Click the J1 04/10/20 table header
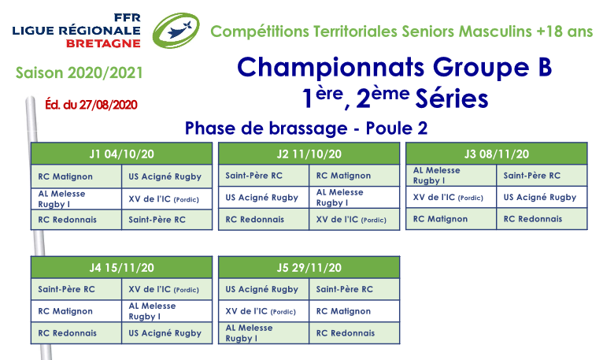coord(121,154)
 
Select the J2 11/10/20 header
coord(309,154)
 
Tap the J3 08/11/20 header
coord(497,154)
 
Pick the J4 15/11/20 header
coord(121,268)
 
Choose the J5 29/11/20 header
coord(309,268)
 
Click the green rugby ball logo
coord(176,31)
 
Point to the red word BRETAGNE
coord(103,43)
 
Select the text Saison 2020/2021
coord(80,72)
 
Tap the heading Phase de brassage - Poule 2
coord(306,128)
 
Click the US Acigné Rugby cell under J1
coord(167,176)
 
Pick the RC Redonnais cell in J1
coord(76,220)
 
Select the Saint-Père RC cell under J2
coord(264,176)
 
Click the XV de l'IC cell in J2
coord(354,220)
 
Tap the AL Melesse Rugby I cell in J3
coord(451,175)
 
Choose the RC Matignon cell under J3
coord(451,219)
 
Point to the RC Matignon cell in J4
coord(76,311)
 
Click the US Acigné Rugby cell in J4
coord(167,333)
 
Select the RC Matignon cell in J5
coord(354,311)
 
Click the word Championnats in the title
coord(331,69)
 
